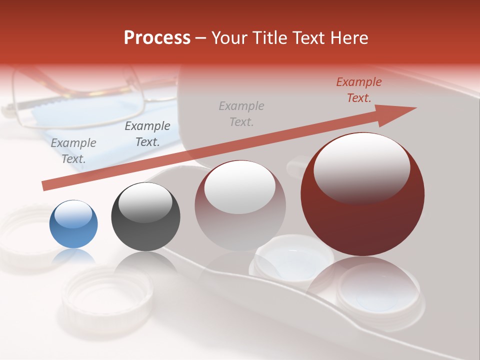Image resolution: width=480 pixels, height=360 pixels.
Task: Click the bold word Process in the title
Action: (157, 37)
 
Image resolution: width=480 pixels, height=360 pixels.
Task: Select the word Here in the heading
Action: (348, 37)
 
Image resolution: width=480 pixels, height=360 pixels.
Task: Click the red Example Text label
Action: (358, 90)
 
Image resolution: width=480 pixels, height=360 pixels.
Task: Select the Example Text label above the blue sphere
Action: (73, 150)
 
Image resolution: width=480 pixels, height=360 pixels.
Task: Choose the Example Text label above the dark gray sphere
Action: (147, 134)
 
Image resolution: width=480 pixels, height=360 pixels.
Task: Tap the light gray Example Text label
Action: (241, 113)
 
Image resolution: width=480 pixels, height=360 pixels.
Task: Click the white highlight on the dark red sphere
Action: (361, 167)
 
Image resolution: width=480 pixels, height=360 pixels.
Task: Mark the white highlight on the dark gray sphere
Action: (145, 202)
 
